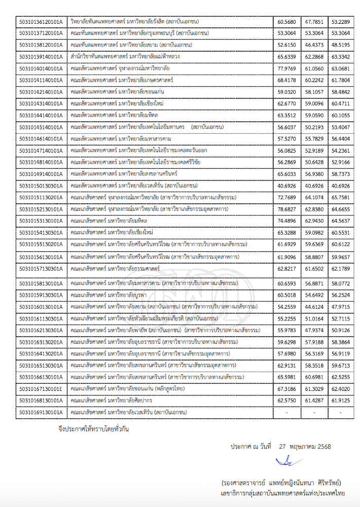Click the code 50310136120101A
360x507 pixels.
click(x=41, y=22)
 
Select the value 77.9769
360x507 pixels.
click(x=287, y=68)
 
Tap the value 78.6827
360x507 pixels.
click(x=287, y=208)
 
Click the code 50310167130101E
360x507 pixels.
click(x=41, y=389)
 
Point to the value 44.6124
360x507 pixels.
click(x=314, y=307)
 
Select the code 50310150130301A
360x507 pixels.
click(x=41, y=186)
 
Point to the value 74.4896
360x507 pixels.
click(x=287, y=220)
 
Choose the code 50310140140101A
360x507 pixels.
click(x=41, y=68)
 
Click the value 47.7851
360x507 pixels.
click(x=314, y=22)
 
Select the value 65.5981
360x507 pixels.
click(x=287, y=378)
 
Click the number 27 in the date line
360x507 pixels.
click(x=284, y=447)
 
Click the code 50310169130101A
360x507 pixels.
click(x=41, y=412)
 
